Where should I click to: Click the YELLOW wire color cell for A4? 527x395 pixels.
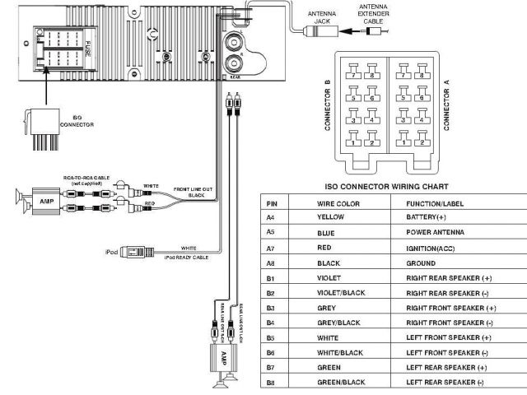(330, 216)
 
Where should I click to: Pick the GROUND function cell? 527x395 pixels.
(421, 263)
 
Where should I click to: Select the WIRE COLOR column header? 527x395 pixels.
(338, 202)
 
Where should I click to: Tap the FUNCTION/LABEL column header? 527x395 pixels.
(436, 202)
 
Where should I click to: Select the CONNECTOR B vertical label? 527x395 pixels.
(328, 105)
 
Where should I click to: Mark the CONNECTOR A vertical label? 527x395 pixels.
(447, 105)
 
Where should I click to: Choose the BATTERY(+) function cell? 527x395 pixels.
(426, 216)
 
